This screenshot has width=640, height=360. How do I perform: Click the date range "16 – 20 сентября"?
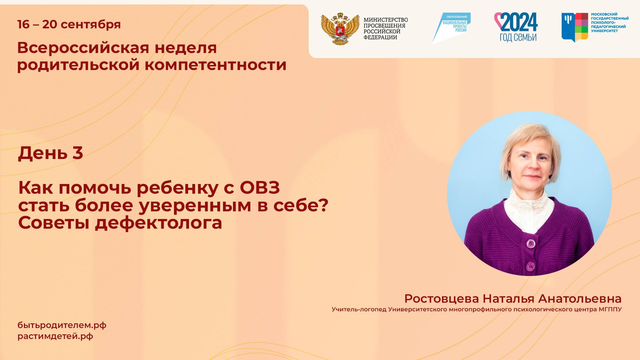[x=69, y=24]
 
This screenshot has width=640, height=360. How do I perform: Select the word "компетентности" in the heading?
[x=215, y=65]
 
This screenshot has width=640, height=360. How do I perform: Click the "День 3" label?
[x=50, y=153]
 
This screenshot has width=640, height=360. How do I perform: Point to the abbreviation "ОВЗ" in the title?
[x=260, y=188]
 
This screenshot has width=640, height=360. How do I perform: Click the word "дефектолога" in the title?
[x=158, y=223]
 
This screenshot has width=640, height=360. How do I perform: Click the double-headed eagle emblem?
[x=340, y=29]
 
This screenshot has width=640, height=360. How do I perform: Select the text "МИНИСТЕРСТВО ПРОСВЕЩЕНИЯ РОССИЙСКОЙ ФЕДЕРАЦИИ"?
[x=385, y=29]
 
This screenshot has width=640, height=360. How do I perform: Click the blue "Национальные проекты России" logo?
[x=452, y=27]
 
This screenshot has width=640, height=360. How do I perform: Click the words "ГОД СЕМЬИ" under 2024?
[x=518, y=37]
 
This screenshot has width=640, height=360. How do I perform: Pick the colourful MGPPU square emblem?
[x=574, y=27]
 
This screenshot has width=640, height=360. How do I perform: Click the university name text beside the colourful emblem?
[x=610, y=23]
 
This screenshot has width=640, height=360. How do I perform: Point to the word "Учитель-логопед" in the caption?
[x=359, y=309]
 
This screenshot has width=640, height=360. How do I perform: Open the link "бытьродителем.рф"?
[x=62, y=325]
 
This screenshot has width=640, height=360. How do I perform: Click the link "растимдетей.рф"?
[x=55, y=336]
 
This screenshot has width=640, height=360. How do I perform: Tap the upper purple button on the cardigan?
[x=530, y=244]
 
